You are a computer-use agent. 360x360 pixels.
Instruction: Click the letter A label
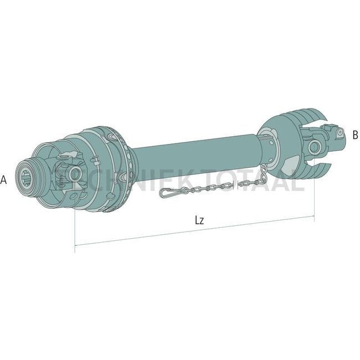pos(4,179)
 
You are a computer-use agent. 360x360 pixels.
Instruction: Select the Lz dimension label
pos(200,220)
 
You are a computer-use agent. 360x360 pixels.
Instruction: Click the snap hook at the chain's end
pos(169,193)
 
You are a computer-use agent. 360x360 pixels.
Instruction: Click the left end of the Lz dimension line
pos(75,244)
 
